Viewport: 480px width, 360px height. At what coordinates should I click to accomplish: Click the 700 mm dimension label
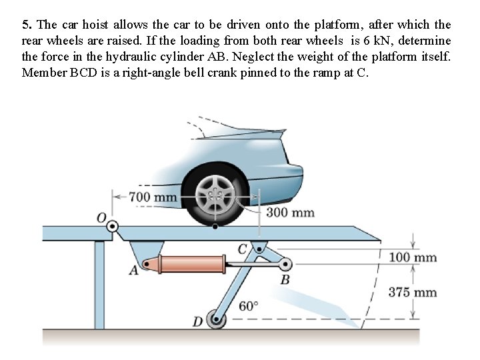[153, 197]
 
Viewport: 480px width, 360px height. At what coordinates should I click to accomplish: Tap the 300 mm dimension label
[290, 213]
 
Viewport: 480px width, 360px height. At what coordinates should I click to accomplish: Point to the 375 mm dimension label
[413, 292]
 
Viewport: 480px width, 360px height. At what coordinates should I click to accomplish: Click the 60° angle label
[248, 306]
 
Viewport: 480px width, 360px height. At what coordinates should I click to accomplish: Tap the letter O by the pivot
[101, 218]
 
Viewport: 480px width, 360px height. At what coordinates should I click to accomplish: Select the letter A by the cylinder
[133, 271]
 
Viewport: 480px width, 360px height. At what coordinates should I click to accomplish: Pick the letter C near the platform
[243, 249]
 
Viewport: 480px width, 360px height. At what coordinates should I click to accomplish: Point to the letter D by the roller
[197, 323]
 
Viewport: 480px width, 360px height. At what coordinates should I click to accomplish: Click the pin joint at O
[113, 227]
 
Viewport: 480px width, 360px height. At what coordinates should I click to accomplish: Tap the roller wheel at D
[216, 320]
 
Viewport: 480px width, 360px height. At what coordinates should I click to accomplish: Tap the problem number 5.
[25, 25]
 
